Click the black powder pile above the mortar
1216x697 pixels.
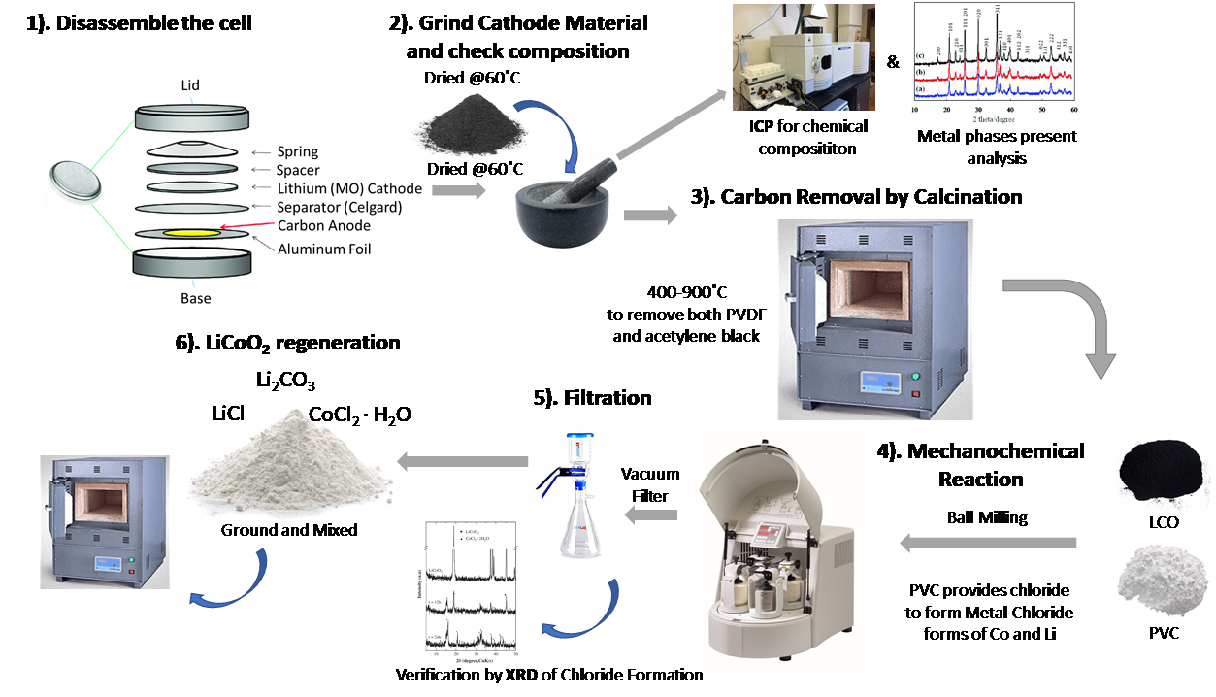pyautogui.click(x=470, y=125)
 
